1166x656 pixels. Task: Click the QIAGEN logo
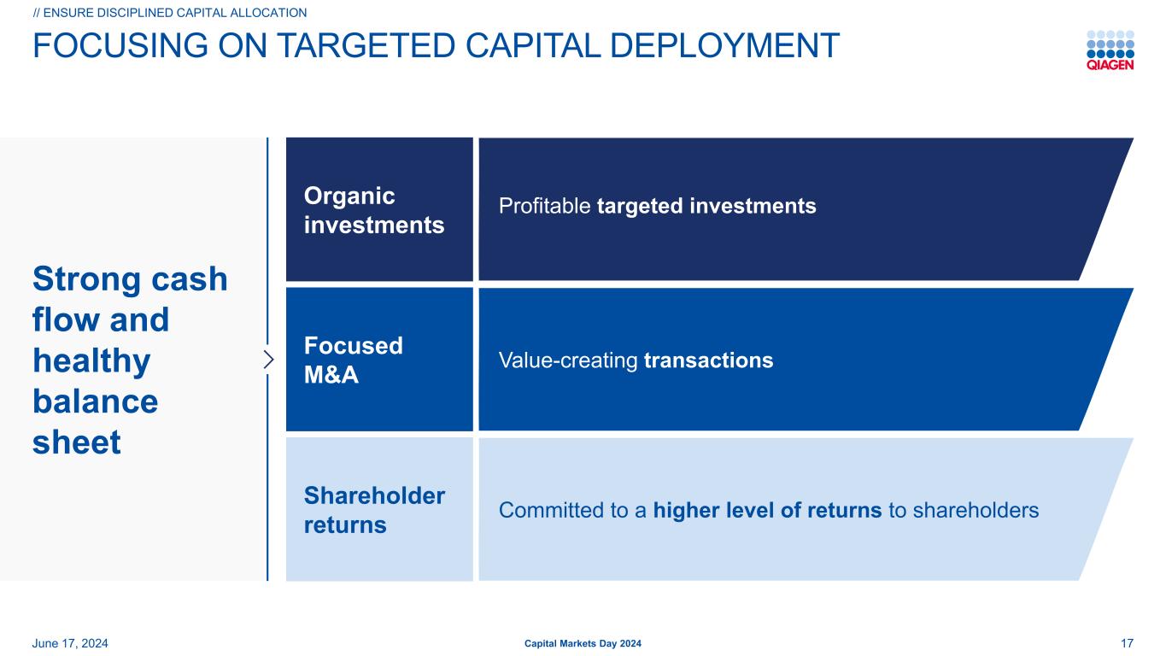(x=1110, y=50)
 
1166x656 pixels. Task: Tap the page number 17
(x=1127, y=643)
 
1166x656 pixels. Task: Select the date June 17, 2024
(x=70, y=643)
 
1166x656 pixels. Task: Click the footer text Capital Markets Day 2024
(x=583, y=643)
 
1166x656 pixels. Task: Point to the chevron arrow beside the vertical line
(x=268, y=360)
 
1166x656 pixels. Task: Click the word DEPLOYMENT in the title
(x=724, y=45)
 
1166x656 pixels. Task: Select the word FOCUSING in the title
(x=120, y=45)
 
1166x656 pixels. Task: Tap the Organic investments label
(x=374, y=210)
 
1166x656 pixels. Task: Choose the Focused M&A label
(x=354, y=360)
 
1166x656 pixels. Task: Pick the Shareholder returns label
(x=374, y=510)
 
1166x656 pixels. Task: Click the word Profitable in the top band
(x=544, y=206)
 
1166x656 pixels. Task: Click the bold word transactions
(x=708, y=360)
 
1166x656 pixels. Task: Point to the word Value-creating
(x=568, y=360)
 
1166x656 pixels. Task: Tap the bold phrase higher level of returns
(x=767, y=510)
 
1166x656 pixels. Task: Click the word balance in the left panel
(x=96, y=401)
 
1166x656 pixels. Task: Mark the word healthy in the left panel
(x=91, y=360)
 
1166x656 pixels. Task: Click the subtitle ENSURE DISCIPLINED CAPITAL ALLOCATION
(x=170, y=13)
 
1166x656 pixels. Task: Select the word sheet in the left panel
(x=77, y=442)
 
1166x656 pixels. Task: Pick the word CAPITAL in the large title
(x=532, y=45)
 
